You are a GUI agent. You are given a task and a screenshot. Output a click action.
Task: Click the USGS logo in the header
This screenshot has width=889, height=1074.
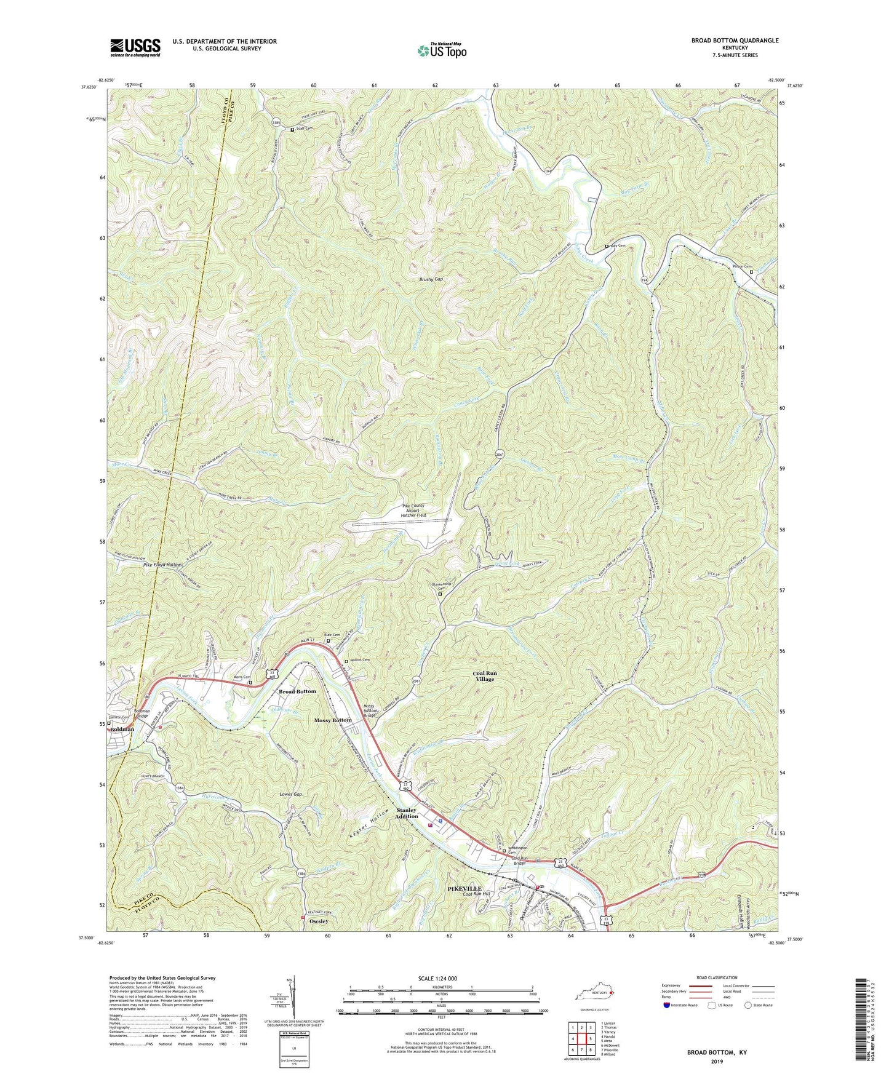coord(135,47)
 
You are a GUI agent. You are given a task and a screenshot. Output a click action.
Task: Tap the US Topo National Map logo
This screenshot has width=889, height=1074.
coord(441,50)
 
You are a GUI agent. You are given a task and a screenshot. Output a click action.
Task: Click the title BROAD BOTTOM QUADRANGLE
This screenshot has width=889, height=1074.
coord(735,41)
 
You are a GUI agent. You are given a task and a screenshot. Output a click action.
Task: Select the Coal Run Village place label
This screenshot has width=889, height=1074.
coord(485,676)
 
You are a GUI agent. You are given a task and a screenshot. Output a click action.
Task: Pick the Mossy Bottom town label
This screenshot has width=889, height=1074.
coord(333,720)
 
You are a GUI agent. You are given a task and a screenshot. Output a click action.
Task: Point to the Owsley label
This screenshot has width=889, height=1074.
coord(319,921)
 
